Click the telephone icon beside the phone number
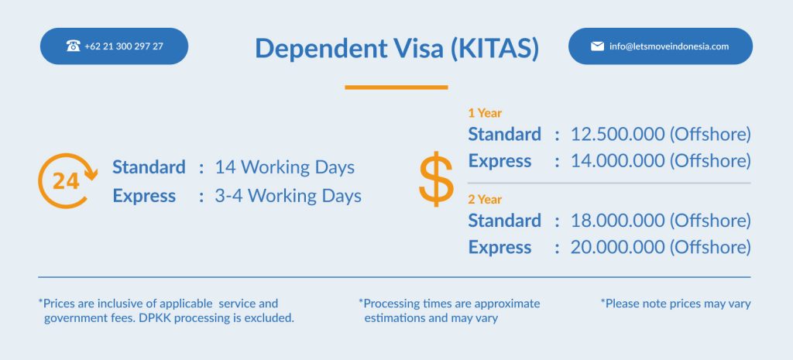coord(74,46)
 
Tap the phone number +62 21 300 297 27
coord(124,46)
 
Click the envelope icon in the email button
coord(597,46)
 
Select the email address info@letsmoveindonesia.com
coord(669,46)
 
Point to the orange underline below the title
coord(396,87)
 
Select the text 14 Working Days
coord(285,167)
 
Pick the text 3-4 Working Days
coord(288,196)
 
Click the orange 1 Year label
coord(485,113)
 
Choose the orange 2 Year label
coord(485,200)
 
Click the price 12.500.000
coord(617,135)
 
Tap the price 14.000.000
coord(617,161)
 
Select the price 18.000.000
coord(617,221)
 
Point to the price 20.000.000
coord(617,247)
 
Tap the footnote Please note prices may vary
coord(675,304)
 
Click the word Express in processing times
coord(144,196)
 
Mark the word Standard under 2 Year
coord(504,221)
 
